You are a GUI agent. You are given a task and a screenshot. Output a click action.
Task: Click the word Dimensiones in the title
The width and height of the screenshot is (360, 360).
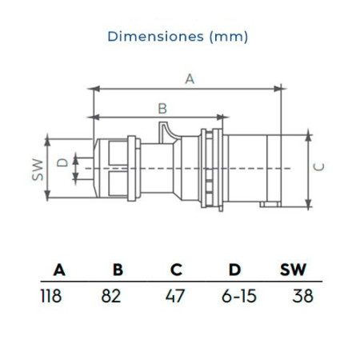[156, 36]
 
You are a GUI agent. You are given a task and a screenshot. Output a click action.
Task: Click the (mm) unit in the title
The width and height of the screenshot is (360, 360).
[229, 37]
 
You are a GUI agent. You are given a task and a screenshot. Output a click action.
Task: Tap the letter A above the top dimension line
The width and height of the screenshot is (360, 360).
[190, 79]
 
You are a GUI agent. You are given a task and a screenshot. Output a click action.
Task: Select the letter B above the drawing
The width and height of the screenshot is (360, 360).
[162, 109]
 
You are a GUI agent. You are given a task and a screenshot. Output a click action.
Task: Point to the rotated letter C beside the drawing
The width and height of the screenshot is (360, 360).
[318, 167]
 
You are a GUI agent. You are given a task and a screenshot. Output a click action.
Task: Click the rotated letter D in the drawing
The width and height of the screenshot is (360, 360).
[62, 162]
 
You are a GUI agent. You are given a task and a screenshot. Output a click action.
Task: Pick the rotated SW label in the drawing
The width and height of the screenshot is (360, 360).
[38, 170]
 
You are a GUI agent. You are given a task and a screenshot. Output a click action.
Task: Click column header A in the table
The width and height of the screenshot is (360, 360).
[59, 270]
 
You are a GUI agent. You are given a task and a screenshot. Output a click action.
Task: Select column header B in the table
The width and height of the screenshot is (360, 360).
[118, 270]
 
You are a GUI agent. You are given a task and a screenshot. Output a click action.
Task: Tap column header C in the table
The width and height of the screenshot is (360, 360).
[176, 270]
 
